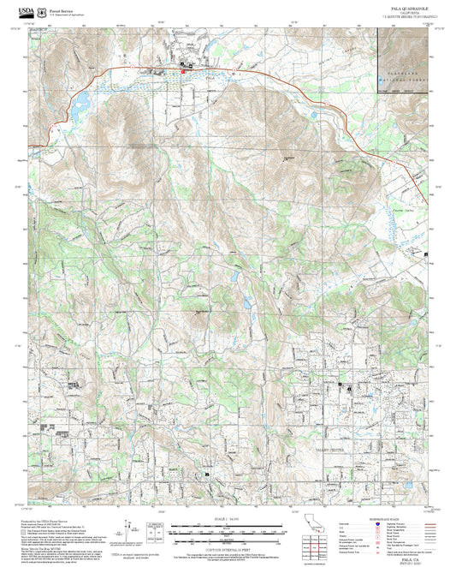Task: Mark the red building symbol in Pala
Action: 182,72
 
